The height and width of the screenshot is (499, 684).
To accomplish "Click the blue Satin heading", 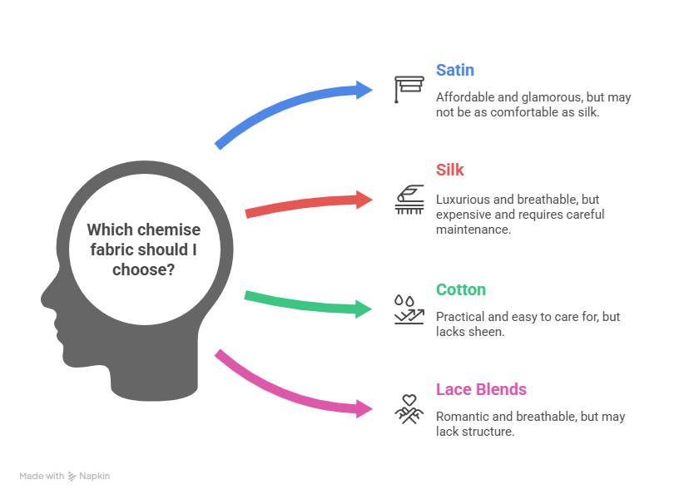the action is [455, 70].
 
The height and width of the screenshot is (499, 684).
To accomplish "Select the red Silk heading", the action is [449, 170].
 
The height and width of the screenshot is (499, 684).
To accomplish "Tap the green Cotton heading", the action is [461, 289].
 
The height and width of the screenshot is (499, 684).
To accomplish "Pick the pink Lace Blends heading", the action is [481, 389].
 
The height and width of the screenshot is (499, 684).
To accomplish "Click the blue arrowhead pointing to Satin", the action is [364, 90].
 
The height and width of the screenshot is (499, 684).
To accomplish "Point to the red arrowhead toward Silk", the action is [364, 200].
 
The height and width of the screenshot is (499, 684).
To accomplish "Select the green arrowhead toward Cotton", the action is [364, 309].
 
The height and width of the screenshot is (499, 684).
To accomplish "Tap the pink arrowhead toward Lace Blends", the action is [364, 409].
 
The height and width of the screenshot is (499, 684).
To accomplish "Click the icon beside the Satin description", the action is [409, 89].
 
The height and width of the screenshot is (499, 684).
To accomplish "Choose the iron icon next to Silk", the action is [409, 200].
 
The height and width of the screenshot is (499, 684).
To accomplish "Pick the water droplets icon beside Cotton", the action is [404, 301].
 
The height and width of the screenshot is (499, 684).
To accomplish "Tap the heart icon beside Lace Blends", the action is [409, 400].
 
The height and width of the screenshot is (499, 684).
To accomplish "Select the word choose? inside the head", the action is [143, 269].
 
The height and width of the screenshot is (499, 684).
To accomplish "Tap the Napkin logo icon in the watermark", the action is [72, 477].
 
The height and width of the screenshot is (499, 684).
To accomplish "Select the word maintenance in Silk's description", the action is [473, 230].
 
